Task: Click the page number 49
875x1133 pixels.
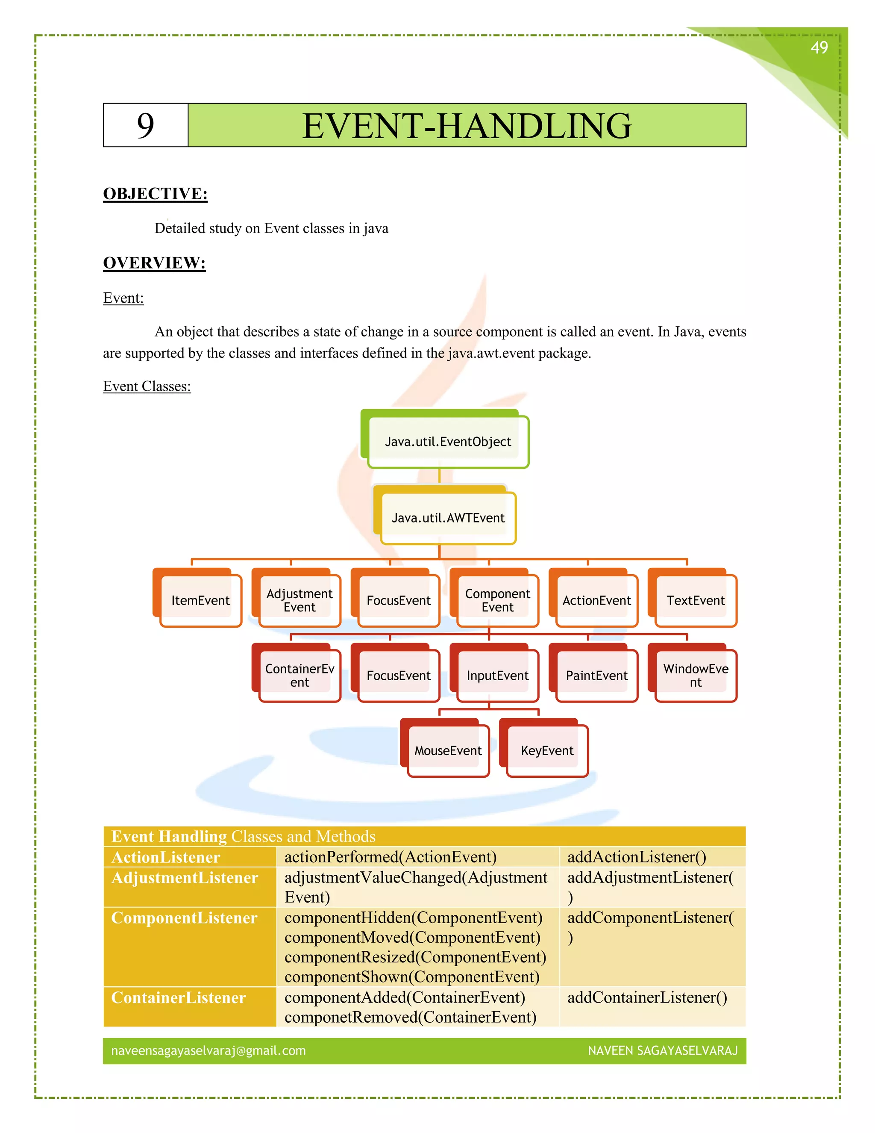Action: [819, 48]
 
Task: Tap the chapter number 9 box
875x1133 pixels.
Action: [145, 126]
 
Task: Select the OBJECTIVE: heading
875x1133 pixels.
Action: [155, 194]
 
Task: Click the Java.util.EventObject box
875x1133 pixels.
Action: [448, 442]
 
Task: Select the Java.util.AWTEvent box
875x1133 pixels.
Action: [448, 518]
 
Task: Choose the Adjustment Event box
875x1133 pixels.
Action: [299, 600]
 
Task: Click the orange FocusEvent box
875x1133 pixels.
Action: [398, 600]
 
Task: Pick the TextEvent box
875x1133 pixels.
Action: [695, 600]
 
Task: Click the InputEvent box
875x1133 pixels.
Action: [497, 676]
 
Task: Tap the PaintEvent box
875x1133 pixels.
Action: [596, 676]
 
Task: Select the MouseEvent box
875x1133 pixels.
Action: [448, 751]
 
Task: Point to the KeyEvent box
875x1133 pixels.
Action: [547, 751]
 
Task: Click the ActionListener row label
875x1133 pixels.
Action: [166, 857]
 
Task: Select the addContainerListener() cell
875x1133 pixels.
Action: [647, 997]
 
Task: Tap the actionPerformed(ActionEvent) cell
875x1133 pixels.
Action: [391, 857]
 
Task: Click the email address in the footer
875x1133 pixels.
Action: [208, 1050]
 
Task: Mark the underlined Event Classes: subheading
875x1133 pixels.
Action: [147, 387]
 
